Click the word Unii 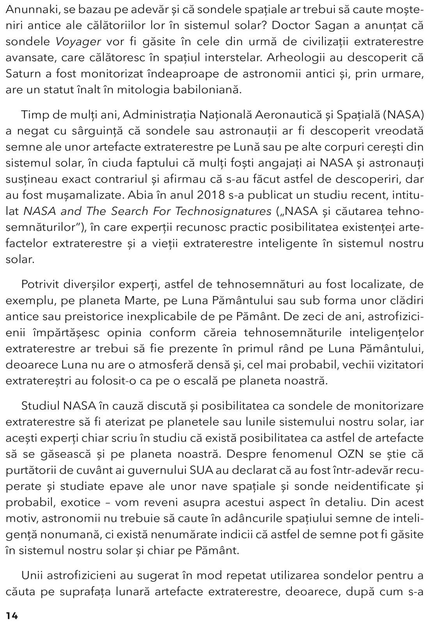[x=31, y=575]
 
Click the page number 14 [x=12, y=616]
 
